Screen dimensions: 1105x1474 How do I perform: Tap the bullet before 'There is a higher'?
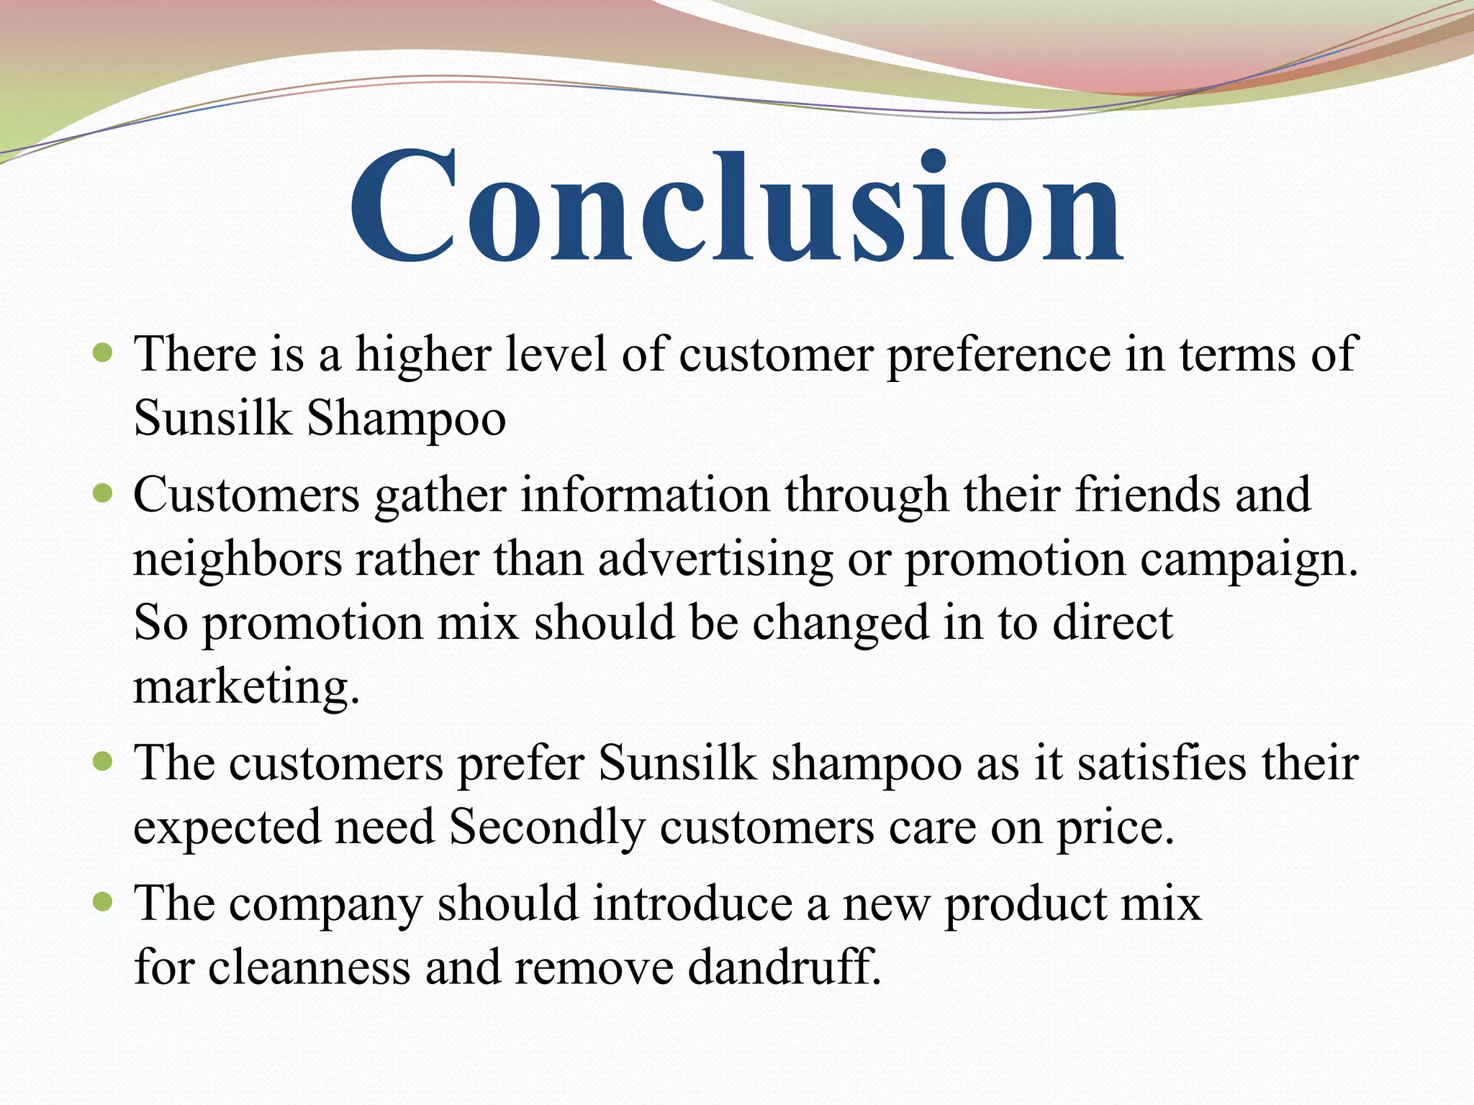[104, 353]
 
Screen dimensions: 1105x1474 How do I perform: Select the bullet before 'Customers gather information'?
[104, 494]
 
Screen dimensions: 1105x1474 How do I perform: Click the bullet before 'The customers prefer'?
[104, 761]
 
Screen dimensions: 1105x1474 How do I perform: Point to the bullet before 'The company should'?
[104, 901]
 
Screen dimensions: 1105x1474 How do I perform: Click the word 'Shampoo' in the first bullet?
[407, 419]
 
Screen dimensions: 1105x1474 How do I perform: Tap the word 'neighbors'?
[238, 560]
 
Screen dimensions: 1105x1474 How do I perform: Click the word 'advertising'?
[715, 560]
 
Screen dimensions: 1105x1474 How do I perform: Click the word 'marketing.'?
[246, 688]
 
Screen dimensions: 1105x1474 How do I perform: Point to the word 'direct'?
[1113, 623]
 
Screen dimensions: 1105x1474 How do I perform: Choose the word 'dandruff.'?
[785, 967]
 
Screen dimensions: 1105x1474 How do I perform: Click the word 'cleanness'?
[309, 967]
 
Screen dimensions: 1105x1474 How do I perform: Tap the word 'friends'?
[1147, 495]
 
